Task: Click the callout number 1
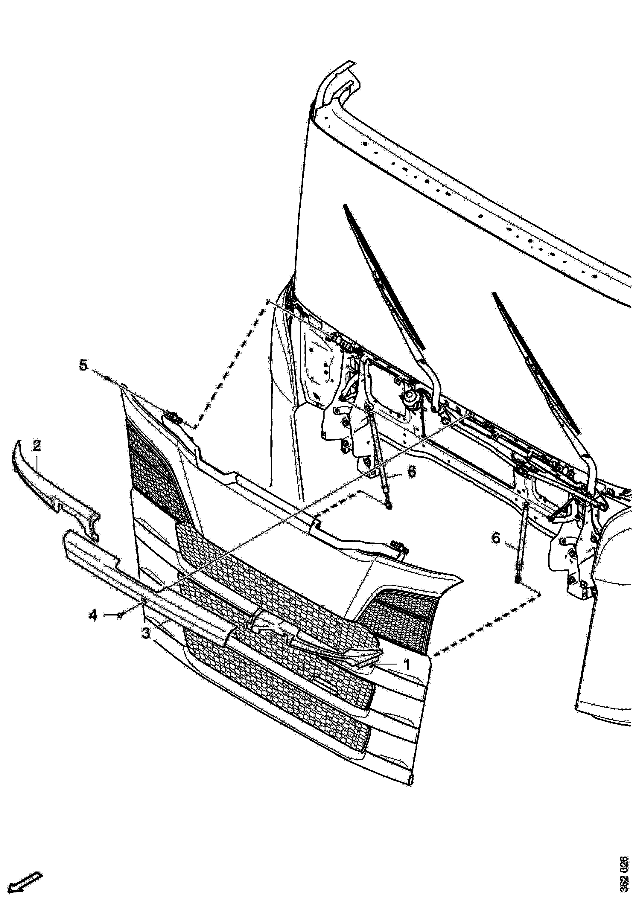[x=407, y=665]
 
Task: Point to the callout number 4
[x=92, y=615]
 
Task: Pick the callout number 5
[x=83, y=365]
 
